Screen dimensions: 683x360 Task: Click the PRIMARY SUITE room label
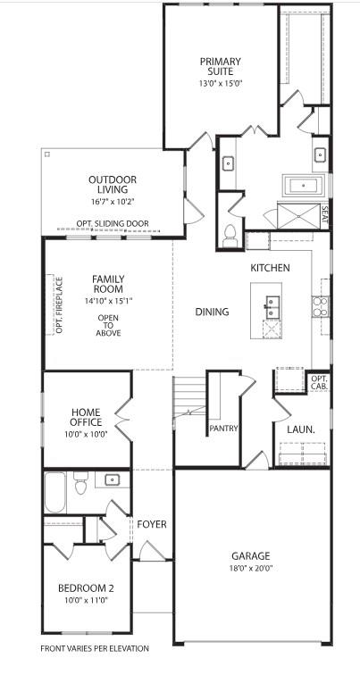tap(221, 67)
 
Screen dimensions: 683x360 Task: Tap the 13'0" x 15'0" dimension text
tap(221, 83)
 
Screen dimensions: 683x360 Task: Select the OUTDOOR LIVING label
tap(113, 184)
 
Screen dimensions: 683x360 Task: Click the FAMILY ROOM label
tap(108, 284)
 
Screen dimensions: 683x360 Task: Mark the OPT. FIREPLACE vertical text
tap(59, 305)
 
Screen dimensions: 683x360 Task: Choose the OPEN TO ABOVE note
tap(108, 325)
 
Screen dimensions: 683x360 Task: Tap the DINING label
tap(212, 312)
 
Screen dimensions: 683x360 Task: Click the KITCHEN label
tap(270, 268)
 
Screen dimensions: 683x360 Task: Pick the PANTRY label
tap(223, 429)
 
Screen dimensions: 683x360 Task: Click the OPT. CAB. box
tap(319, 382)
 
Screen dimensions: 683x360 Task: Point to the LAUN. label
tap(300, 429)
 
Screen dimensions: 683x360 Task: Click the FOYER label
tap(152, 524)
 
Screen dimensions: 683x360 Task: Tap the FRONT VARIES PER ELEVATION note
tap(95, 648)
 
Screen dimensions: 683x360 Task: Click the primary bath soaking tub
tap(301, 187)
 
